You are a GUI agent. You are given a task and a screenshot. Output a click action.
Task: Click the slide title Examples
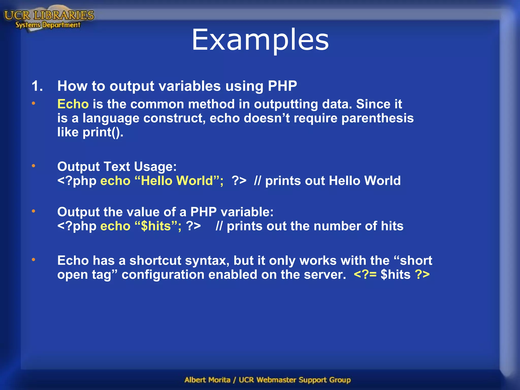click(x=260, y=40)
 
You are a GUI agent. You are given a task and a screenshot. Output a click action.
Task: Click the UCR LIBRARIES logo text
click(x=49, y=15)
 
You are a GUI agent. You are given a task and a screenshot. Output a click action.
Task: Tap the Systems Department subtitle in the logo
click(x=48, y=25)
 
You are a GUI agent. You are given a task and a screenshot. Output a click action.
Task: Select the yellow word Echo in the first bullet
click(x=73, y=104)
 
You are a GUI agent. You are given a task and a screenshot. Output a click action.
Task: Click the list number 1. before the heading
click(x=37, y=86)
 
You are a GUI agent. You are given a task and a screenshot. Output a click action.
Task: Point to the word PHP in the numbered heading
click(x=282, y=86)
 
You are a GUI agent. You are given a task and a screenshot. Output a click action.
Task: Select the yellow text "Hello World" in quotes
click(x=177, y=181)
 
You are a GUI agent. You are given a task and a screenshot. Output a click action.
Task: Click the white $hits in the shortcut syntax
click(x=395, y=274)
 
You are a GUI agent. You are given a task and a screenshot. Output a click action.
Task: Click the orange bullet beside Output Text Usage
click(x=34, y=166)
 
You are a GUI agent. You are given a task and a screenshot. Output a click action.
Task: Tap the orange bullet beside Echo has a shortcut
click(x=34, y=259)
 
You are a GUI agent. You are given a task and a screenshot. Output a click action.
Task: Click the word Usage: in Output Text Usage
click(x=155, y=167)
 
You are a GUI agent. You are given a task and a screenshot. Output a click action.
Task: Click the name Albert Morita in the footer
click(x=207, y=380)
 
